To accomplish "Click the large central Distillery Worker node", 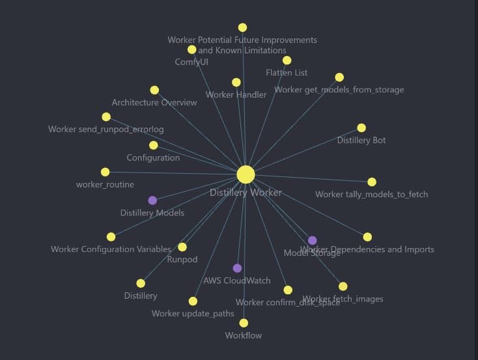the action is [246, 174].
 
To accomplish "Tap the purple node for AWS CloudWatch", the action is [237, 268].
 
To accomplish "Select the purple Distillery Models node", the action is [152, 201].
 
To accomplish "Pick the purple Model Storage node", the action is [313, 241].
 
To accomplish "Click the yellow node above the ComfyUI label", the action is [191, 49].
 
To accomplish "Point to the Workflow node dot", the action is [244, 323].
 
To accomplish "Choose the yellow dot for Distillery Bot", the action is [361, 128].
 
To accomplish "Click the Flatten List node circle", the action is [287, 61].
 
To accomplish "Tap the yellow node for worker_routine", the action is [105, 172].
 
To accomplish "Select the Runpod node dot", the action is [182, 247].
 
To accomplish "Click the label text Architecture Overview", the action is [154, 103].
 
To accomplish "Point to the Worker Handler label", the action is [236, 95].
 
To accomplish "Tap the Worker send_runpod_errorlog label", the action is [106, 130].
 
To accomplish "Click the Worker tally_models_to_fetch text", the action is [371, 194].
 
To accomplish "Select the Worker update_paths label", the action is [193, 314].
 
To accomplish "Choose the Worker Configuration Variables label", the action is [111, 249].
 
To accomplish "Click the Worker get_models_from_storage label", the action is [339, 90].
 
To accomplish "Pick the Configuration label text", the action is [153, 158].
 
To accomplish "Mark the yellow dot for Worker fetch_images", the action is [343, 286].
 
